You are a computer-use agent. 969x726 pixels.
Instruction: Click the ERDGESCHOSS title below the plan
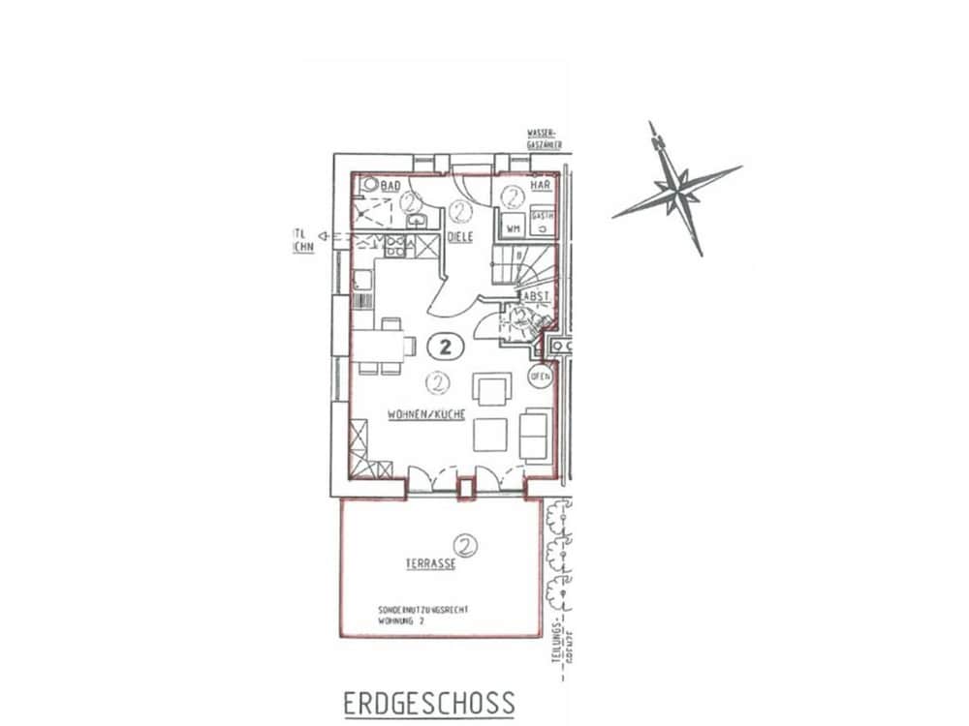[x=428, y=703]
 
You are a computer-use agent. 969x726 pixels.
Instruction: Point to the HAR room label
[x=540, y=185]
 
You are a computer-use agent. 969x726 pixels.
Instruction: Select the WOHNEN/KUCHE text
[x=426, y=413]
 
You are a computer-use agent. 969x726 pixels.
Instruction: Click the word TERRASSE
[x=430, y=562]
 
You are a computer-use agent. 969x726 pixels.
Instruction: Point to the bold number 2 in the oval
[x=446, y=345]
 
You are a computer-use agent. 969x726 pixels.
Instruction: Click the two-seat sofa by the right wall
[x=534, y=436]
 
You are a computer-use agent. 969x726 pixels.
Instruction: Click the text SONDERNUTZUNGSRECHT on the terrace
[x=422, y=611]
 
